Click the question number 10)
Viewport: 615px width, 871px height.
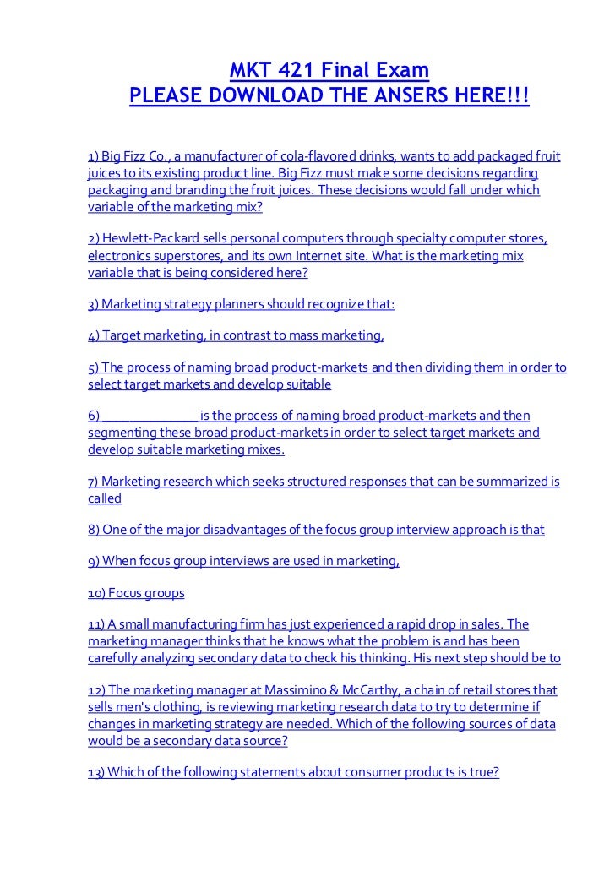pyautogui.click(x=100, y=594)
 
